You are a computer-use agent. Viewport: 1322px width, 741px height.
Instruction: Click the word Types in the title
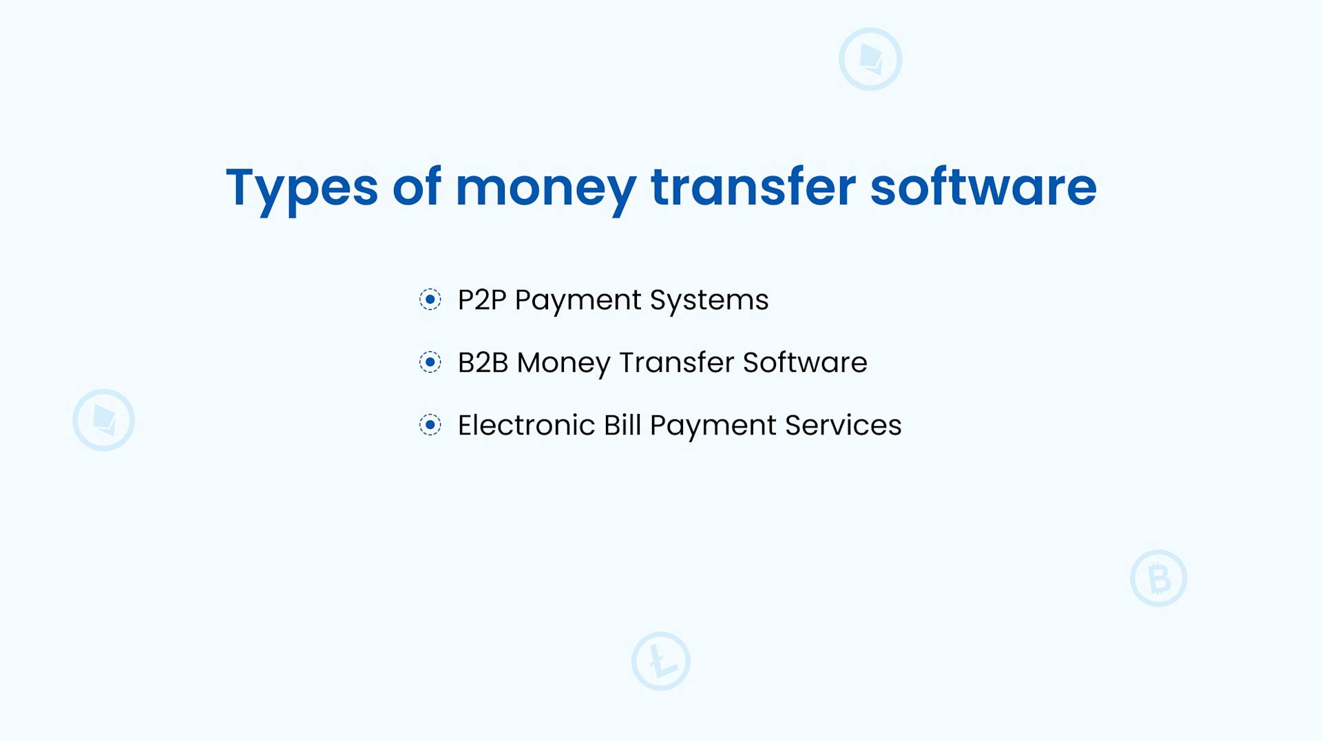(302, 187)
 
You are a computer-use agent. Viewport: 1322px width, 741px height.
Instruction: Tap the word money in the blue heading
(545, 187)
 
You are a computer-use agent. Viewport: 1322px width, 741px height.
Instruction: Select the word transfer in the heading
(753, 187)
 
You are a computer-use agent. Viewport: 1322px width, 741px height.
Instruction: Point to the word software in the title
(983, 187)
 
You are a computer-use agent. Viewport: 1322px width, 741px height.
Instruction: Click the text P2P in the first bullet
(482, 300)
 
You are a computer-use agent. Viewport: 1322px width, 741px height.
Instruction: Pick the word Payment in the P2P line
(578, 300)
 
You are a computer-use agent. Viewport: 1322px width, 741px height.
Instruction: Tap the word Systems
(709, 300)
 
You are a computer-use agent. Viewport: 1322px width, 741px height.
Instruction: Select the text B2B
(483, 363)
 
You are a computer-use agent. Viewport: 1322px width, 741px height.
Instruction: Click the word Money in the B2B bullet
(563, 363)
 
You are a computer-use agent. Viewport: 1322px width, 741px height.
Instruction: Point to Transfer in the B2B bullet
(677, 363)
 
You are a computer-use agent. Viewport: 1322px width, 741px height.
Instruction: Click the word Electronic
(526, 426)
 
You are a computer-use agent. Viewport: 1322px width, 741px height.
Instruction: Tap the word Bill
(622, 426)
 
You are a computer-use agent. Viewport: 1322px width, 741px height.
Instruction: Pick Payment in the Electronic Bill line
(713, 426)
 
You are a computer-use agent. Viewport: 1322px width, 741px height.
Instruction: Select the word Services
(843, 426)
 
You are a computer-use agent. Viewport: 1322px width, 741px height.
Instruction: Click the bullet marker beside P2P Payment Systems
(430, 300)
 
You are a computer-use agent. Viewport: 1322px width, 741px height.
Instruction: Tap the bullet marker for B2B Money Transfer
(430, 362)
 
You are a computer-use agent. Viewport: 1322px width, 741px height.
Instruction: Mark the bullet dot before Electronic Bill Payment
(430, 425)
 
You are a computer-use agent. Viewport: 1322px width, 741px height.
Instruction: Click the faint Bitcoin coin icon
(1159, 578)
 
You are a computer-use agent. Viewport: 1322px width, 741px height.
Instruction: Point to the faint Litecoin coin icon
(661, 661)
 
